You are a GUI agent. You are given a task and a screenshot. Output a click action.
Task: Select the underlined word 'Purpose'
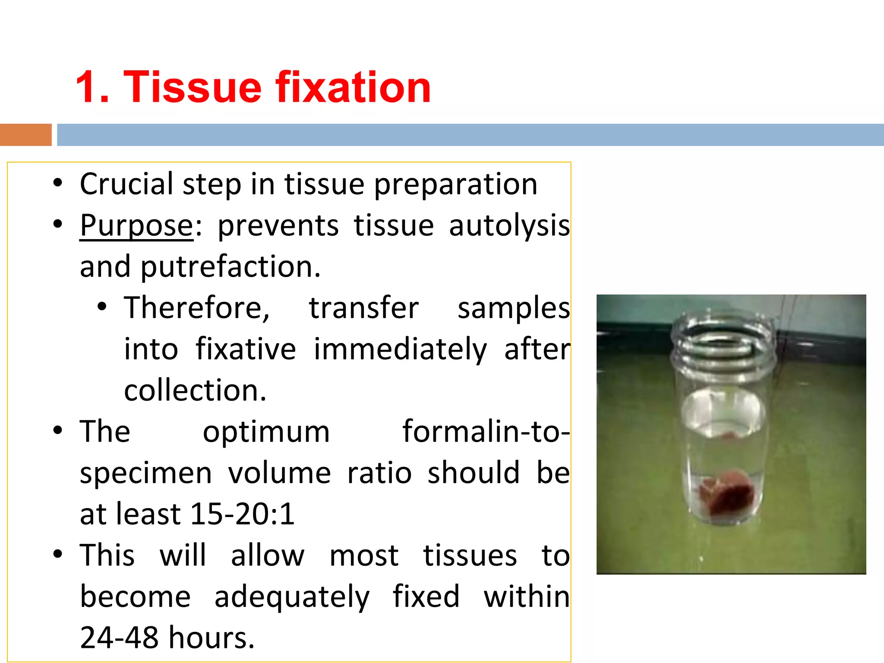(136, 226)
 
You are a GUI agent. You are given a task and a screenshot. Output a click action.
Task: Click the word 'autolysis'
(509, 226)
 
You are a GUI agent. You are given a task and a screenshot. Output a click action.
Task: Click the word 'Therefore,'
(197, 308)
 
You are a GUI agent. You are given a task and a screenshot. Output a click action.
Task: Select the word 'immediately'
(400, 350)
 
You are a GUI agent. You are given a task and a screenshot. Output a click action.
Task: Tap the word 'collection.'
(195, 391)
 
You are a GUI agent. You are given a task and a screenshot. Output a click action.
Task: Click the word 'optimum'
(266, 432)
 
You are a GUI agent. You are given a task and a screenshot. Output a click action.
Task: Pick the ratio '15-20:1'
(242, 515)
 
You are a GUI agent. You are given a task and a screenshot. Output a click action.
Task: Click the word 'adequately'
(292, 597)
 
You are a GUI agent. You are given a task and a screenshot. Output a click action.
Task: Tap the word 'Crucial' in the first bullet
(127, 185)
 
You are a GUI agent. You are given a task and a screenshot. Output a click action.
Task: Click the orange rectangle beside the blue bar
(25, 135)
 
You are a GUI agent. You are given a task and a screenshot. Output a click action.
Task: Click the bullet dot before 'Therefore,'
(102, 307)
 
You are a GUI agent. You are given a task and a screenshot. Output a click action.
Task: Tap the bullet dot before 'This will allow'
(58, 554)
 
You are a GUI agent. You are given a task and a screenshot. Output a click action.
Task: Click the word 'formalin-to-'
(486, 432)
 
